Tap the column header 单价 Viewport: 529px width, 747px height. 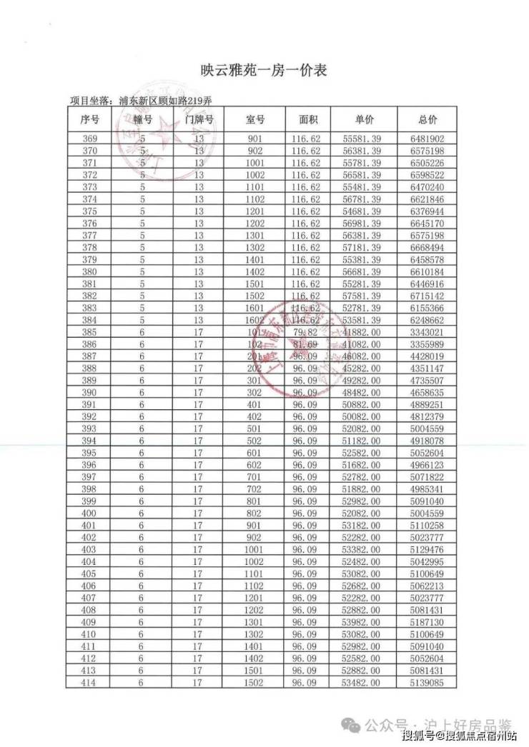tap(364, 120)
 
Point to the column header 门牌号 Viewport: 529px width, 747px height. tap(199, 120)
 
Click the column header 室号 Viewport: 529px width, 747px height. tap(255, 120)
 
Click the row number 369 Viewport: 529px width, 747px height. tap(91, 139)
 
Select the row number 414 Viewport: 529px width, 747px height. tap(91, 683)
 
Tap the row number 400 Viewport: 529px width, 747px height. tap(91, 514)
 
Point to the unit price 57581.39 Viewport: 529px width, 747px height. tap(362, 296)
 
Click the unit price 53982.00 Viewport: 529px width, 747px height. tap(362, 623)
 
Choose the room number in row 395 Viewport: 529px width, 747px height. tap(255, 453)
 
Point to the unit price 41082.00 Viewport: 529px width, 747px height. tap(362, 345)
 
